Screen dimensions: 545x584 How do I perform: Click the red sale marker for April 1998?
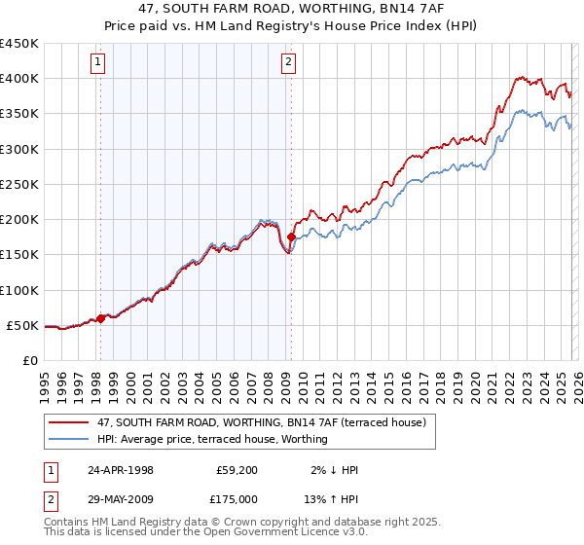[x=100, y=318]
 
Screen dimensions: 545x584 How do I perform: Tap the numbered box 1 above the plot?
[x=99, y=63]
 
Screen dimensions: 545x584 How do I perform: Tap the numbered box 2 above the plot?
[x=289, y=63]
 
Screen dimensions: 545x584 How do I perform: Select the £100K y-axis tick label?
[x=19, y=290]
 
